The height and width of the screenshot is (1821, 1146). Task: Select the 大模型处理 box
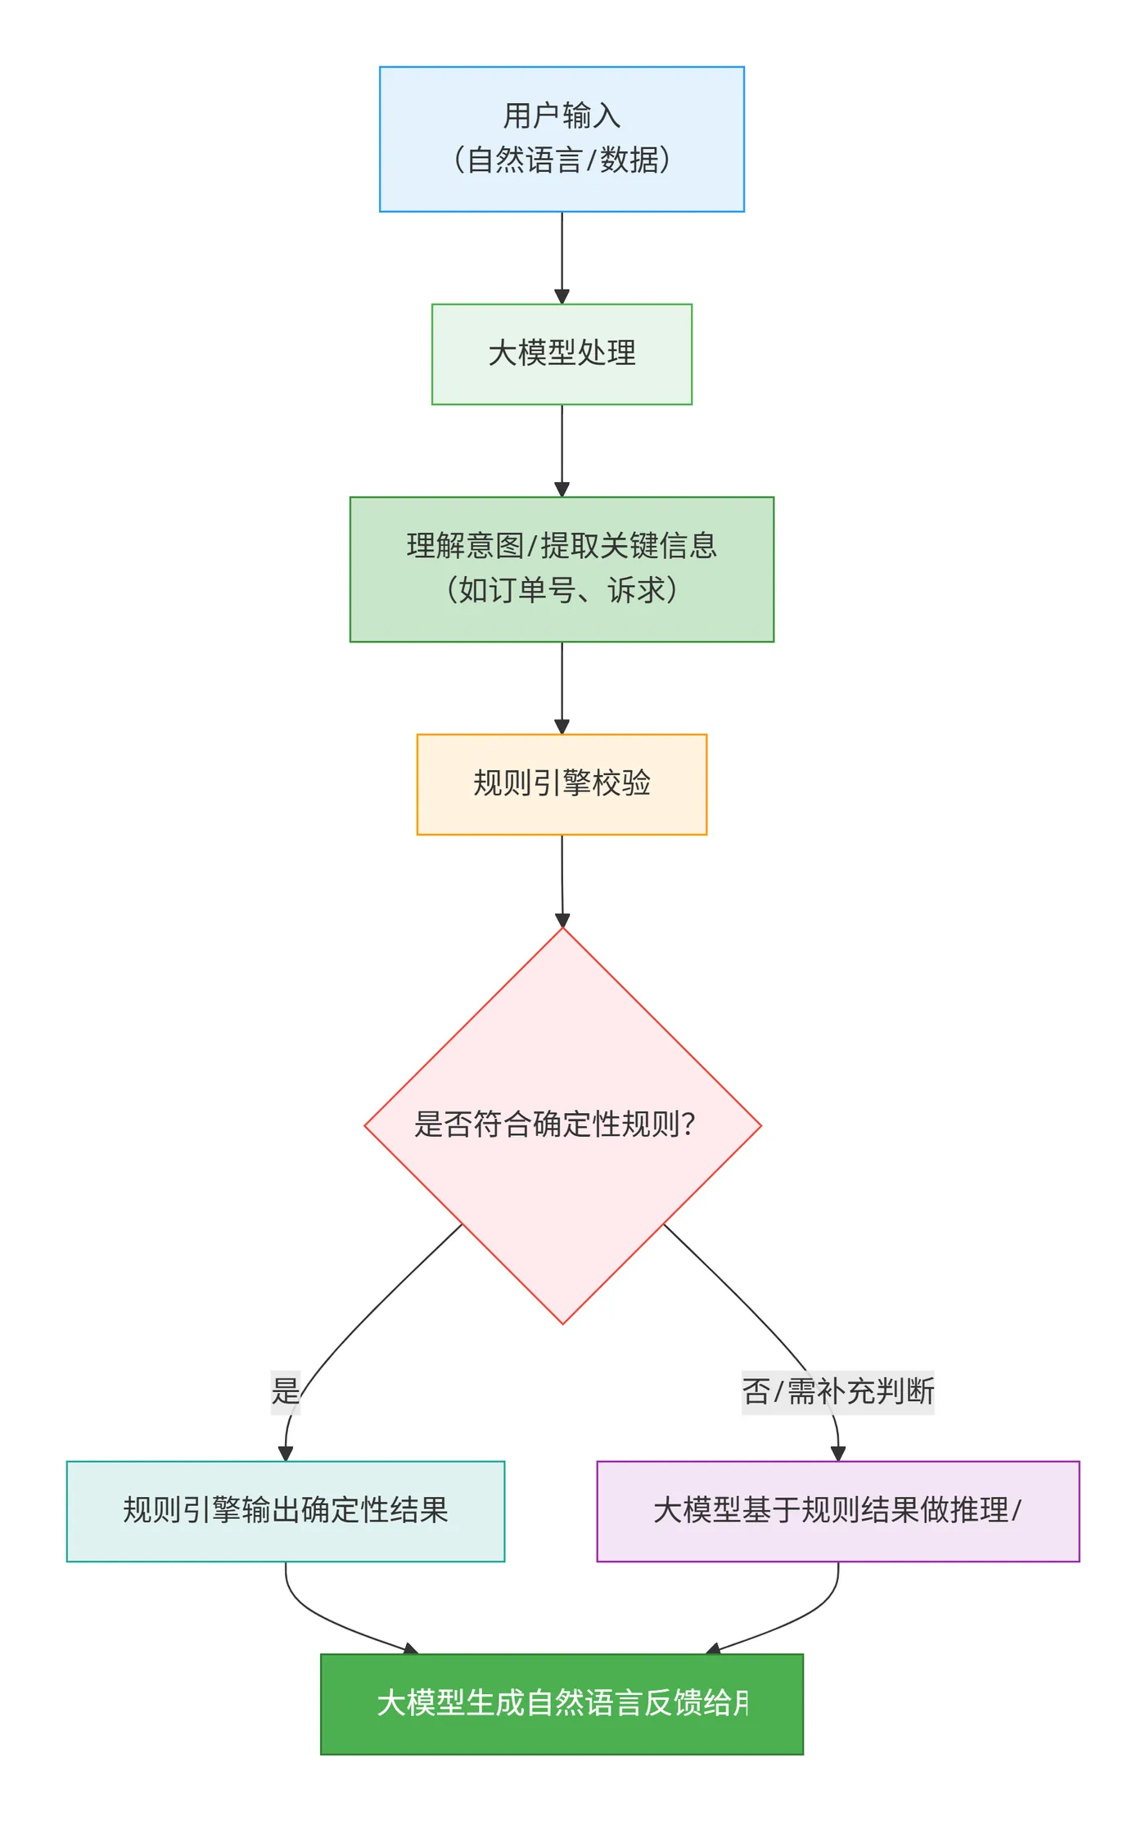tap(562, 354)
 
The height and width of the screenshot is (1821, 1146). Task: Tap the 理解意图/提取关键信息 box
tap(562, 569)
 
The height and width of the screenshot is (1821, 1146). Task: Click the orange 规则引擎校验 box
tap(562, 784)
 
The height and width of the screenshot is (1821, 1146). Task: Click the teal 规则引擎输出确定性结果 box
tap(285, 1511)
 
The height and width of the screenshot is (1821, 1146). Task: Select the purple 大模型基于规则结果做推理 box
tap(837, 1511)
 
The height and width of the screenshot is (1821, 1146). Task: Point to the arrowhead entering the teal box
tap(285, 1454)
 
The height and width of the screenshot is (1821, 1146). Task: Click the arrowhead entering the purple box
tap(837, 1454)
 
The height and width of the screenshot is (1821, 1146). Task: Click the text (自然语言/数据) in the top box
tap(562, 160)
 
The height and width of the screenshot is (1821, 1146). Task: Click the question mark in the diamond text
tap(688, 1125)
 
